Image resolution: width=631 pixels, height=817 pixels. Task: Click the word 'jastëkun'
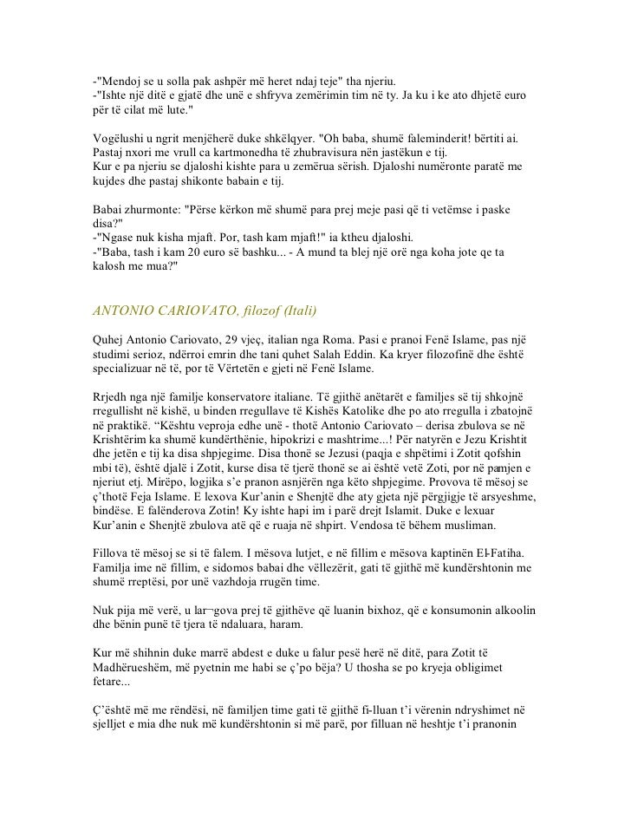click(433, 153)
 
